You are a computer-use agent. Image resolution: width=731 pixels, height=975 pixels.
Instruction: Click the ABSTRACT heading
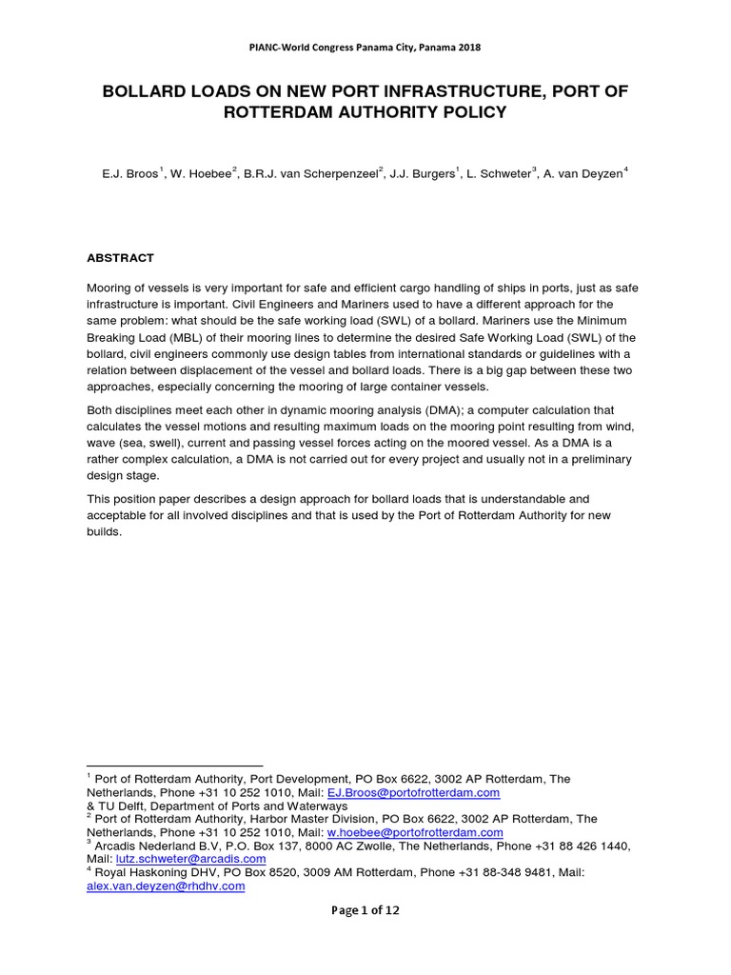(120, 258)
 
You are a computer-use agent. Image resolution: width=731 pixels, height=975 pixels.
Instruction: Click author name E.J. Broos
(133, 173)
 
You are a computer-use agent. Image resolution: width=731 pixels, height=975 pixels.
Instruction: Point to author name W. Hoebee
(201, 173)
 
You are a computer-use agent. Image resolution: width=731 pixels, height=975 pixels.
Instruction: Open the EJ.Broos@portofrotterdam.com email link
(413, 792)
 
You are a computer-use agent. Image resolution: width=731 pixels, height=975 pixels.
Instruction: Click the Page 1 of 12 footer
(365, 910)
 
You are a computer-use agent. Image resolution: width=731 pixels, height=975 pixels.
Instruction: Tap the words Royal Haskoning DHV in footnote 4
(151, 872)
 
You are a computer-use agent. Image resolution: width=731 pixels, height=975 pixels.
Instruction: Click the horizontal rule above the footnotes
(174, 766)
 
